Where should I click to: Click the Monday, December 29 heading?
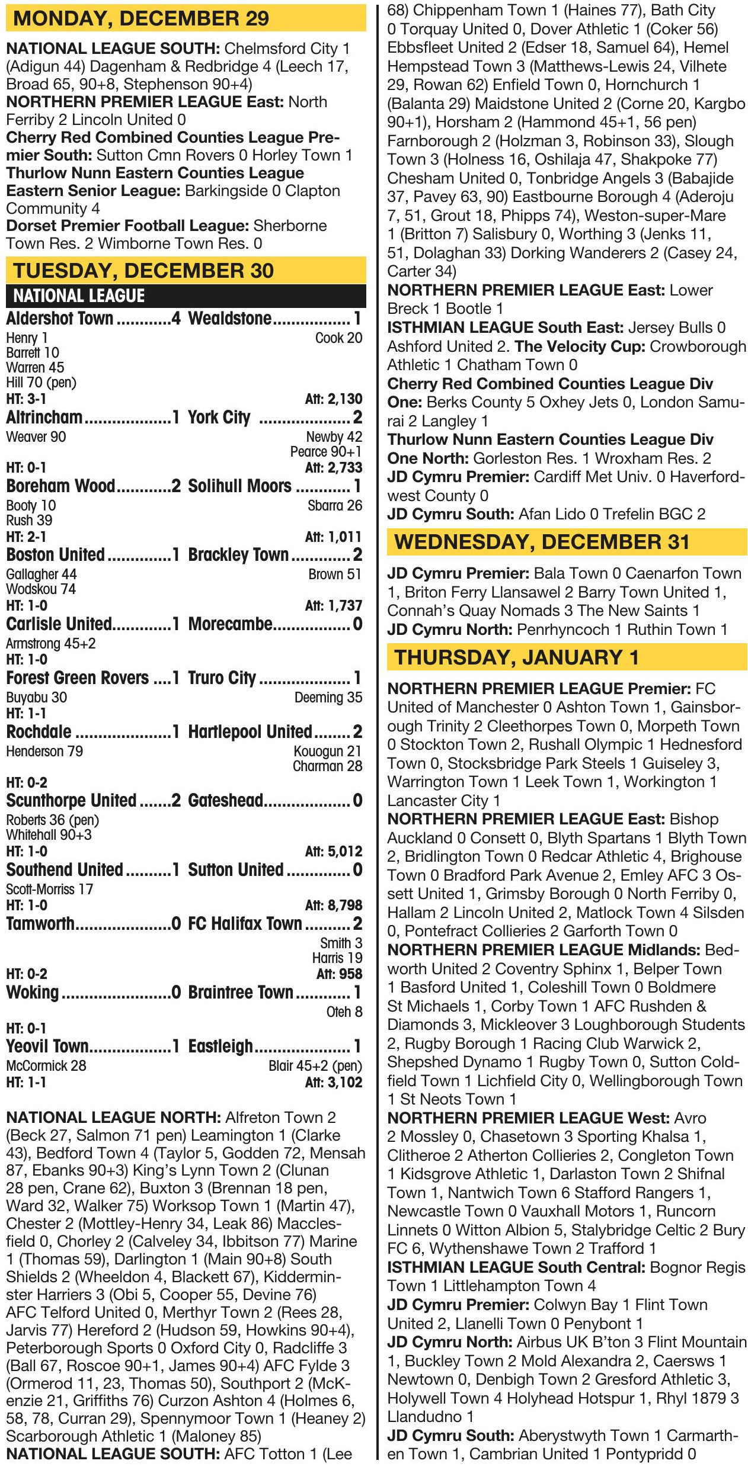tap(140, 18)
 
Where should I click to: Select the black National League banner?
tap(186, 296)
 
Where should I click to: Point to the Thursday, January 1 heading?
tap(516, 657)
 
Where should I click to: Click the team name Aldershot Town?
tap(59, 319)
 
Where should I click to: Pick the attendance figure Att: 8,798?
tap(333, 905)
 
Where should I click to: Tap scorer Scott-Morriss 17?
tap(50, 889)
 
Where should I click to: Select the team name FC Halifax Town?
tap(245, 923)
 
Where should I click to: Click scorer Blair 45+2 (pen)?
tap(315, 1066)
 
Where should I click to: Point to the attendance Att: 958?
tap(339, 974)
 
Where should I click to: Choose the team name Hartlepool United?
tap(250, 732)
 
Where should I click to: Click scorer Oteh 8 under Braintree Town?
tap(344, 1012)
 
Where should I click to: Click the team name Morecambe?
tap(230, 624)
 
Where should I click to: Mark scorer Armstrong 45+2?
tap(51, 643)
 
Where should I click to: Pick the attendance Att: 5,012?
tap(333, 851)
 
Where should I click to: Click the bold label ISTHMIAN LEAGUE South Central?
tap(516, 1267)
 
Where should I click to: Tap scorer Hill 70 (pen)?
tap(41, 383)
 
